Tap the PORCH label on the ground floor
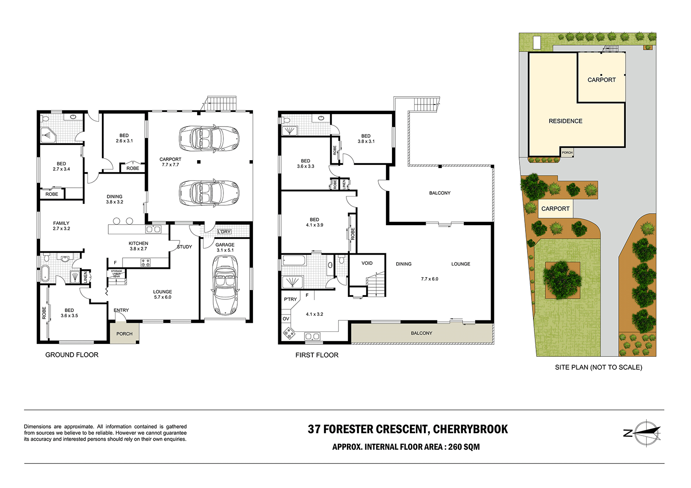pyautogui.click(x=124, y=334)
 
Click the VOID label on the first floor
pyautogui.click(x=367, y=263)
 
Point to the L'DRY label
pyautogui.click(x=224, y=232)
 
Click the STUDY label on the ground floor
pyautogui.click(x=184, y=247)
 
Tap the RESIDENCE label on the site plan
pyautogui.click(x=565, y=121)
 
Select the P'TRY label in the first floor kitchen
pyautogui.click(x=290, y=299)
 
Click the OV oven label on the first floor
pyautogui.click(x=286, y=319)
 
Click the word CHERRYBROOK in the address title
pyautogui.click(x=470, y=429)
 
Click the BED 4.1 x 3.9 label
pyautogui.click(x=314, y=222)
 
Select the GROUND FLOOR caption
pyautogui.click(x=72, y=354)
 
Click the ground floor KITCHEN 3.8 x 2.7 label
pyautogui.click(x=138, y=246)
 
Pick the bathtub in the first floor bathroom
pyautogui.click(x=293, y=261)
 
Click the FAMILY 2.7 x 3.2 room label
pyautogui.click(x=61, y=226)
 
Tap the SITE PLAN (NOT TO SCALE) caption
pyautogui.click(x=598, y=367)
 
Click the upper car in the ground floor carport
pyautogui.click(x=209, y=138)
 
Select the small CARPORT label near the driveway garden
pyautogui.click(x=555, y=209)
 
